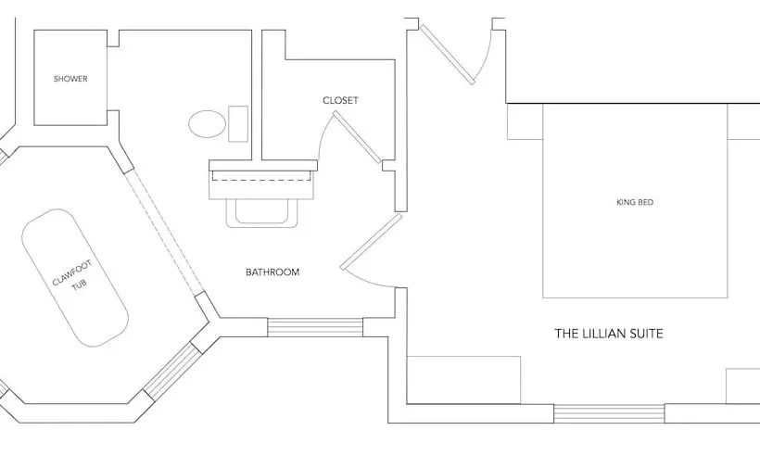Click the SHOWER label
[70, 79]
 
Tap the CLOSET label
[340, 100]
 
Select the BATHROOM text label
[272, 272]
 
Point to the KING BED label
[635, 202]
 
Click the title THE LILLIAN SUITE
[609, 334]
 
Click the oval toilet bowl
[208, 124]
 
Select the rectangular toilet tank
[238, 124]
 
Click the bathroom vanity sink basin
[261, 212]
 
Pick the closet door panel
[357, 137]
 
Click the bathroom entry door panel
[372, 242]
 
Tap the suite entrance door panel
[448, 55]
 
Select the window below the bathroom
[315, 327]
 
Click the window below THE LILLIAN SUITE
[609, 413]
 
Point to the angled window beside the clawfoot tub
[172, 371]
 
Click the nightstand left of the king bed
[525, 121]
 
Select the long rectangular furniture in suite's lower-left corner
[463, 380]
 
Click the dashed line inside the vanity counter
[261, 176]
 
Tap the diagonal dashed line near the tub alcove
[165, 232]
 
